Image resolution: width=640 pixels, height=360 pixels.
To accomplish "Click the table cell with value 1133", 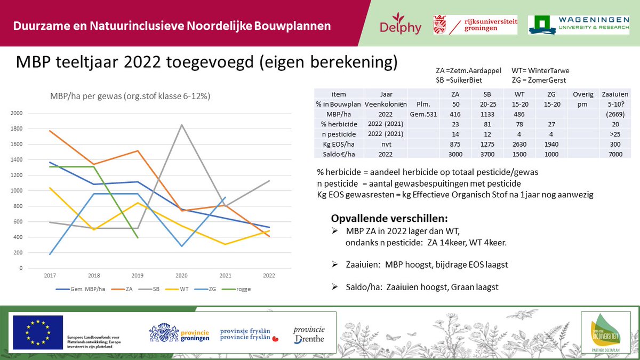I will point(473,114).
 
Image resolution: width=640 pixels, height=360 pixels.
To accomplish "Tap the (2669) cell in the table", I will point(614,114).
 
